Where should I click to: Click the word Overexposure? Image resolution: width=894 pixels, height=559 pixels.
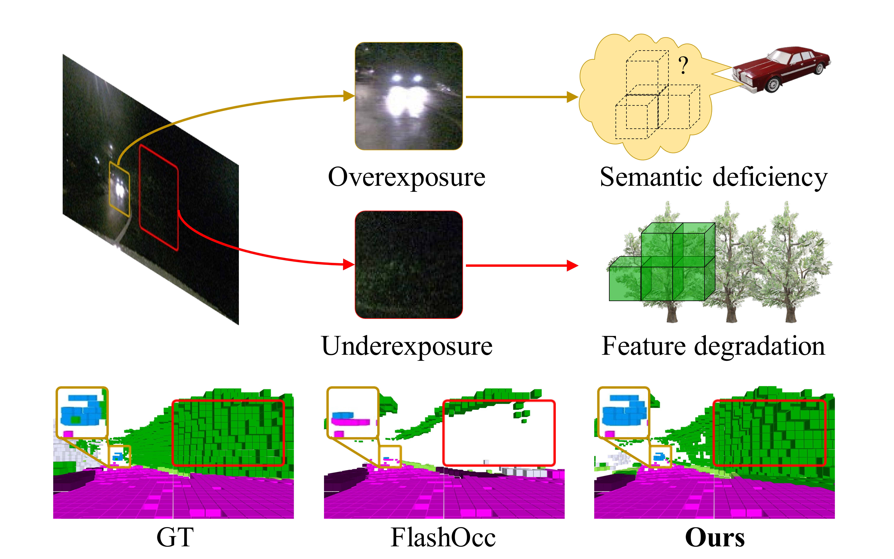(x=406, y=177)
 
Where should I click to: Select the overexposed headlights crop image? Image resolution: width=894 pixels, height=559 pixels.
(x=409, y=96)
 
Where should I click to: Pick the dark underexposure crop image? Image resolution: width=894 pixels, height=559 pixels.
(x=409, y=265)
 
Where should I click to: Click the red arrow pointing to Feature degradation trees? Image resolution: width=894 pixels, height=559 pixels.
(x=521, y=265)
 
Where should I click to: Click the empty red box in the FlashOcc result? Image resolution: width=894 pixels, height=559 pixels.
(x=499, y=433)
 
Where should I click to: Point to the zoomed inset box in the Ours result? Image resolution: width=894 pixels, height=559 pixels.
(x=623, y=412)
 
